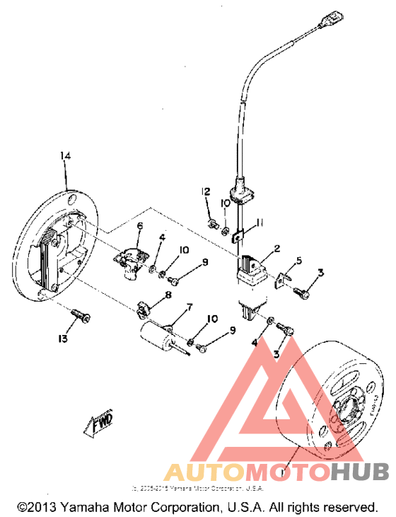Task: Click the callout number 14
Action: click(66, 156)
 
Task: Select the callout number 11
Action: click(260, 222)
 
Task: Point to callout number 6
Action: click(140, 227)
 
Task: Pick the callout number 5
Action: click(298, 261)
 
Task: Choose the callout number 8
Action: click(168, 295)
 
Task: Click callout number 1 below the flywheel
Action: click(284, 469)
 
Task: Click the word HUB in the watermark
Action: click(361, 472)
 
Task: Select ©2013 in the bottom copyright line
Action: click(39, 508)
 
